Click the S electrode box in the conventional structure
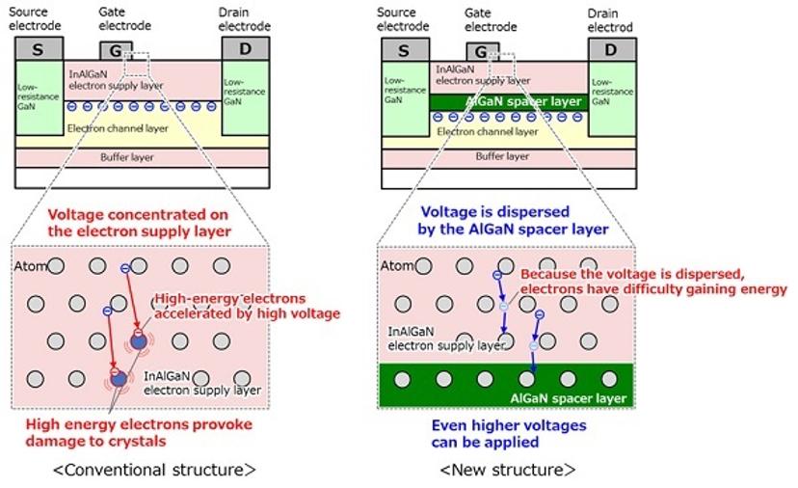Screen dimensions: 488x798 (x=39, y=49)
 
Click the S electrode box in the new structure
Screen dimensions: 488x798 (x=403, y=50)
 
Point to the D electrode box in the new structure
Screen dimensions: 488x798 (x=611, y=50)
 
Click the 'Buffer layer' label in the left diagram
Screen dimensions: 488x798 (x=126, y=156)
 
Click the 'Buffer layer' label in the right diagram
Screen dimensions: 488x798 (x=502, y=156)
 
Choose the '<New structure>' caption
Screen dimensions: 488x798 (x=507, y=470)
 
